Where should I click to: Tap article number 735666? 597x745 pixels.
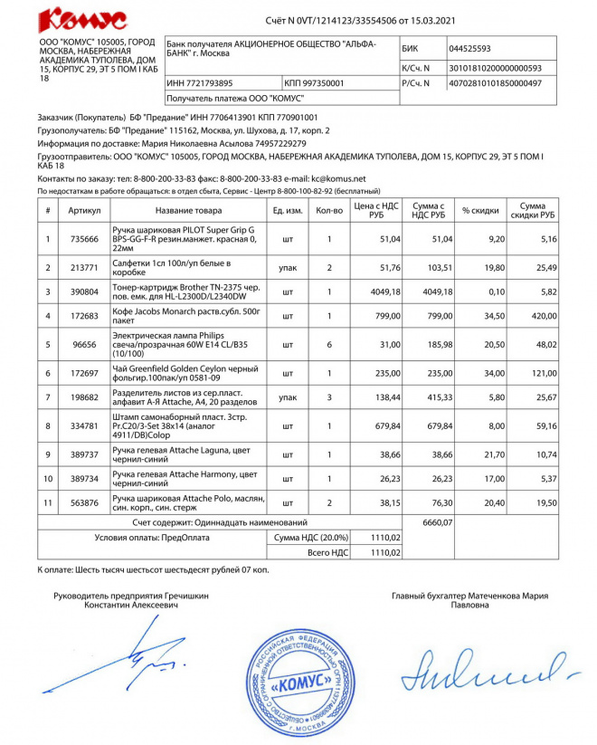[x=84, y=239]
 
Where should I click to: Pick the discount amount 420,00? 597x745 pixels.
[x=532, y=317]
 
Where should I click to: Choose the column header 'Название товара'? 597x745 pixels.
[x=188, y=211]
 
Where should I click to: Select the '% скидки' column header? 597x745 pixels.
[x=480, y=211]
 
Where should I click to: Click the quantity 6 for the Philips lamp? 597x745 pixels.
[x=329, y=345]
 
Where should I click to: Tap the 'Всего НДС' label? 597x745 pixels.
[x=328, y=550]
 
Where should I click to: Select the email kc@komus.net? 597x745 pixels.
[x=336, y=179]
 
